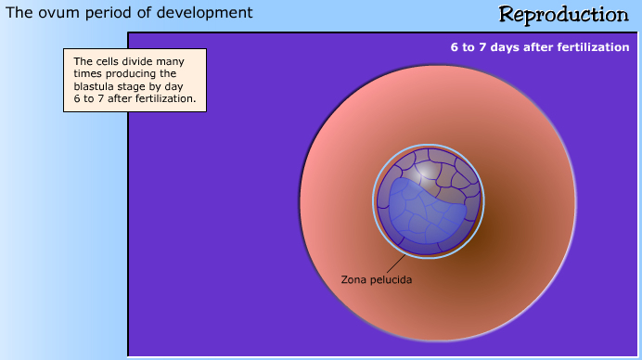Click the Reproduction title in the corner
(x=563, y=15)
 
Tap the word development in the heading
(x=212, y=13)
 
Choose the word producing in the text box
(x=126, y=73)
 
